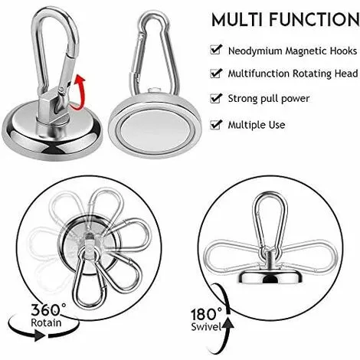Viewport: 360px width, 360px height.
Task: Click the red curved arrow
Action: [82, 92]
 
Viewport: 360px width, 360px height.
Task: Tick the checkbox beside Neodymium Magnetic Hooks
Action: [216, 50]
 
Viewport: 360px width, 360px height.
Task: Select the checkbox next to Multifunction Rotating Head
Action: [216, 73]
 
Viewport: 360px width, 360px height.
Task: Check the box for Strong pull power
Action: [216, 98]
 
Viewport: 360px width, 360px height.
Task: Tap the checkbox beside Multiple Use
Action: [216, 125]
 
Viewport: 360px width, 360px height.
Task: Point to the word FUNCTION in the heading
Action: [314, 20]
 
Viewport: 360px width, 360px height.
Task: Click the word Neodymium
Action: [255, 51]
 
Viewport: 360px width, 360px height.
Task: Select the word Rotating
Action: [312, 74]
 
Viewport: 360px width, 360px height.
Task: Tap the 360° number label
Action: [48, 309]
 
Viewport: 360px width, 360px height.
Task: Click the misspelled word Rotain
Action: [46, 322]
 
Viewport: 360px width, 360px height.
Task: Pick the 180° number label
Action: [207, 314]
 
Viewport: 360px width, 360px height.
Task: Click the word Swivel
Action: [206, 327]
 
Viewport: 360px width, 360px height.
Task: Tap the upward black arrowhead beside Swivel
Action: [227, 322]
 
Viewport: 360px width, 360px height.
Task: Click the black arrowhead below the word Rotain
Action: [39, 335]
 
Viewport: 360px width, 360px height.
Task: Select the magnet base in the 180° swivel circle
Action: [271, 277]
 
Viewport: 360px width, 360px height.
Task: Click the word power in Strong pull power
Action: [296, 99]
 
